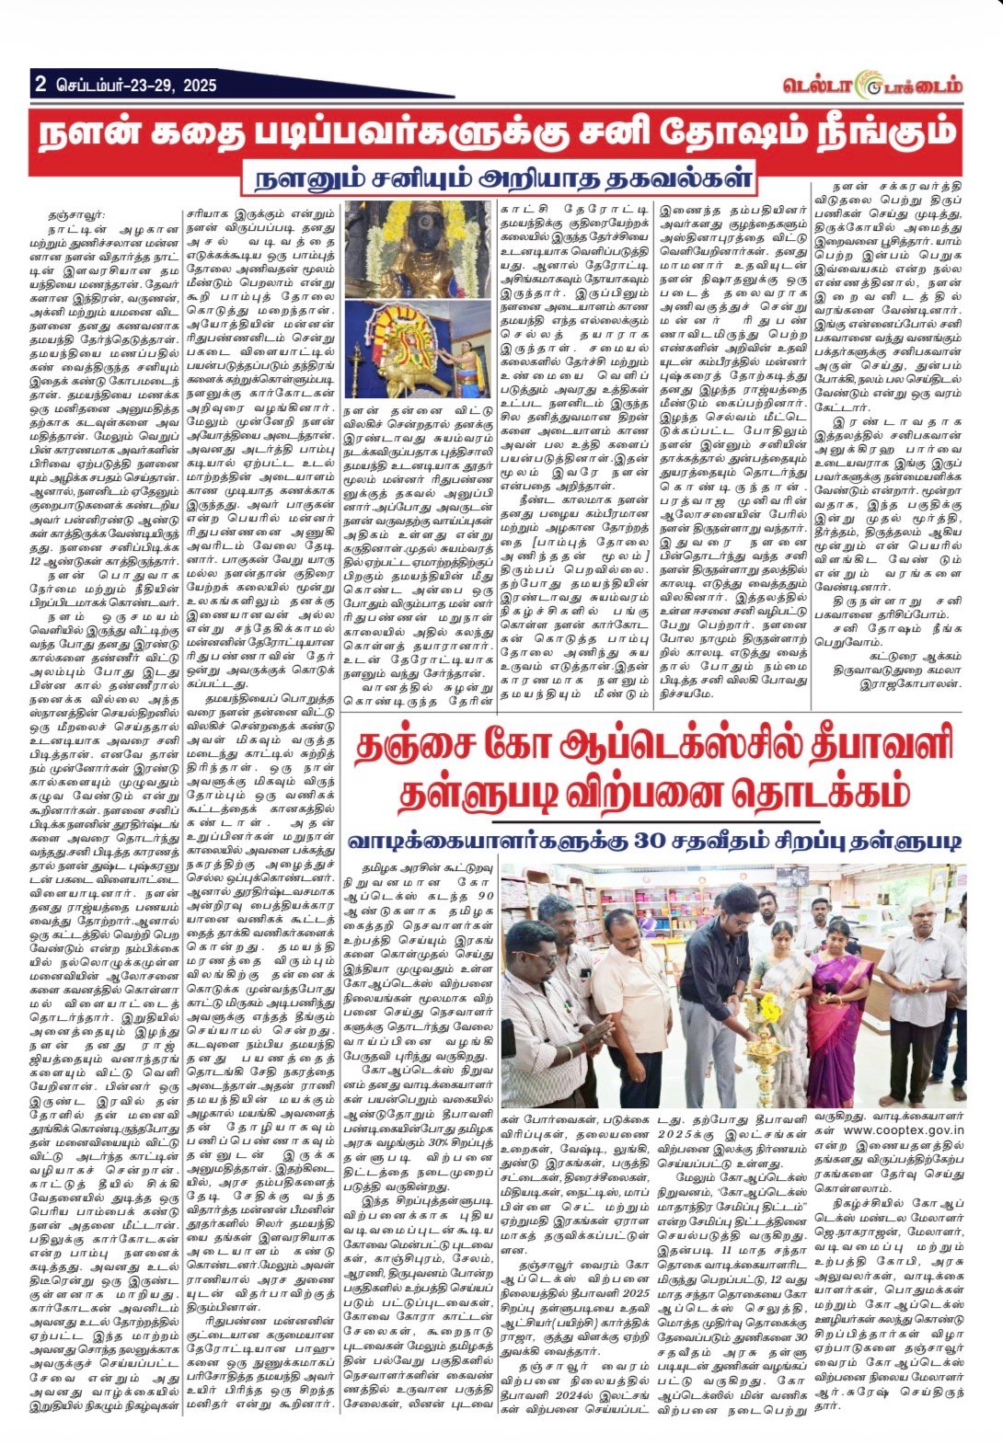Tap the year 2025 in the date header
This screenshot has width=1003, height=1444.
(x=200, y=86)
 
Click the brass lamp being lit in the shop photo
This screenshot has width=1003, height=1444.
(x=765, y=1049)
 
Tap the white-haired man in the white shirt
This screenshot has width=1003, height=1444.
(x=919, y=975)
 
